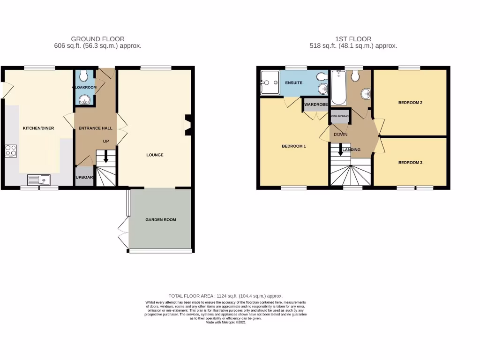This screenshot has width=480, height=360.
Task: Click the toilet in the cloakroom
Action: pos(83,75)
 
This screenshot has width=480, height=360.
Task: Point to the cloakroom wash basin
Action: pos(84,98)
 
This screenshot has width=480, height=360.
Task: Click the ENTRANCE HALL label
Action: pos(95,128)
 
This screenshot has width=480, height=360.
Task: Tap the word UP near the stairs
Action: pos(106,141)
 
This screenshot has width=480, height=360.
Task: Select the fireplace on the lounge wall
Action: pos(188,125)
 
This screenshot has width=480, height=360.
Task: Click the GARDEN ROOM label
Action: pos(160,219)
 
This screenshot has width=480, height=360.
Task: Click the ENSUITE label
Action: pos(294,83)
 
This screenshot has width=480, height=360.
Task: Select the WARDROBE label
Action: pos(315,105)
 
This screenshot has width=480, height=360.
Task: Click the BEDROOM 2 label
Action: pos(410,102)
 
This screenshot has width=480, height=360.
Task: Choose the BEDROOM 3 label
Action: pos(410,163)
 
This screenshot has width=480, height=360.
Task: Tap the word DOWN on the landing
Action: pos(340,135)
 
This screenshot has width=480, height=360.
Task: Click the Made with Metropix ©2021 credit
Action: pos(225,322)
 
